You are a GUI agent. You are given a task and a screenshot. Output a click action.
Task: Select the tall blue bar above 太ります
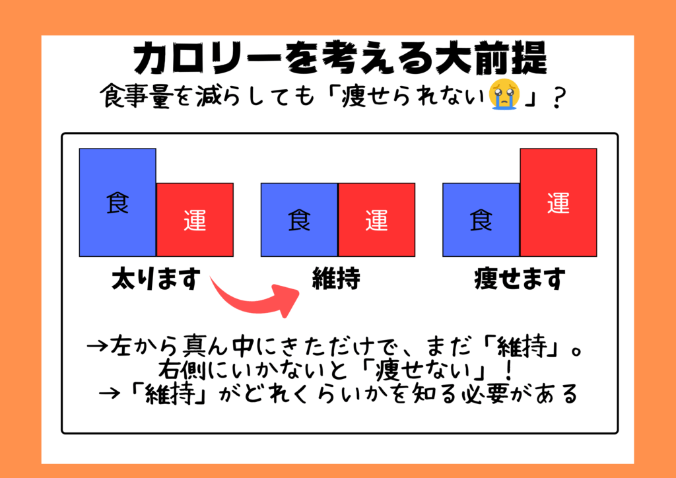point(118,203)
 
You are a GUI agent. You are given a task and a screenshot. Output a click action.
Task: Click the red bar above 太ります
point(195,220)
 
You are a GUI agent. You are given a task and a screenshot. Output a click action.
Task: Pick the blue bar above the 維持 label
point(299,220)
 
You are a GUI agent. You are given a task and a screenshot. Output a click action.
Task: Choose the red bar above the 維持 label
point(377,220)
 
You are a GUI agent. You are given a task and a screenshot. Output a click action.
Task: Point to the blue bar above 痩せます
point(481,220)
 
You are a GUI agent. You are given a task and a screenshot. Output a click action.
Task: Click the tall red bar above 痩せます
point(558,203)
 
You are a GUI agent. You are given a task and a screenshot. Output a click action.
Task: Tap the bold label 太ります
point(156,279)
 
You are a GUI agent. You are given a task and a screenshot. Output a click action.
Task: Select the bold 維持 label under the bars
point(336,279)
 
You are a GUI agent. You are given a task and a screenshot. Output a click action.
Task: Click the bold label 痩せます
point(520,279)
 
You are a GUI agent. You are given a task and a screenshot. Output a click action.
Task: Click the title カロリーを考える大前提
point(340,59)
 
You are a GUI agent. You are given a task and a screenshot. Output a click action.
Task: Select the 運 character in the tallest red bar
point(558,203)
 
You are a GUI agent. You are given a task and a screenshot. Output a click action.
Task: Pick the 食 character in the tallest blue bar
point(118,203)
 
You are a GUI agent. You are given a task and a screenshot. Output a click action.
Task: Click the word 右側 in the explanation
point(183,370)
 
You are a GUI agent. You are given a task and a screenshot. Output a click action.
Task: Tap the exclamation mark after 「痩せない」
point(509,370)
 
